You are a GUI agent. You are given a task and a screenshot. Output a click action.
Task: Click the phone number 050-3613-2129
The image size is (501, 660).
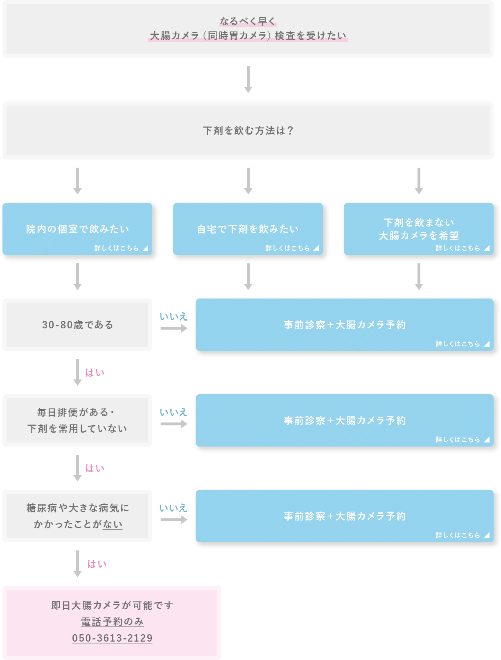[x=112, y=638]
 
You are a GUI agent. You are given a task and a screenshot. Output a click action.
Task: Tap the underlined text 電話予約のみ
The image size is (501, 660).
[x=112, y=622]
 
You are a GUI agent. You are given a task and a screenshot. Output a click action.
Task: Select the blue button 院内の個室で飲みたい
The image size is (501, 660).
[x=77, y=229]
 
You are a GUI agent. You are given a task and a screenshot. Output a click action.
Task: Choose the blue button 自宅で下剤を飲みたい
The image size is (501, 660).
[x=248, y=229]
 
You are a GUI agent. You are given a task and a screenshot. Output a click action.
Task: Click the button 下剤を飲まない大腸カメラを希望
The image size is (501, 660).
[x=418, y=229]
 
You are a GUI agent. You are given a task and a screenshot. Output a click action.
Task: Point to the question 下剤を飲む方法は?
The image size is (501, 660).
[x=248, y=130]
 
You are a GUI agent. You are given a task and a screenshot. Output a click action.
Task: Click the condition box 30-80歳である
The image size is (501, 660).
[x=77, y=325]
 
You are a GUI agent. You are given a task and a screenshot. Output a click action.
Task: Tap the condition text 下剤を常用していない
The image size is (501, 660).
[x=77, y=429]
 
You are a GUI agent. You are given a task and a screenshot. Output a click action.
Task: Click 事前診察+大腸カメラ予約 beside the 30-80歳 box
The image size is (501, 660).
[x=345, y=325]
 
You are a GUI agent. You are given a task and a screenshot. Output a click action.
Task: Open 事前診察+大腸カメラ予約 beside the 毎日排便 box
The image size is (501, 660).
[x=345, y=420]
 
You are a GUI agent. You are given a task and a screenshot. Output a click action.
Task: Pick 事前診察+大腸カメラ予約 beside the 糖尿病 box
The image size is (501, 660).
[x=345, y=516]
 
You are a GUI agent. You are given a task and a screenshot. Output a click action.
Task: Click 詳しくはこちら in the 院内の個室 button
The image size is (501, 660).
[x=117, y=248]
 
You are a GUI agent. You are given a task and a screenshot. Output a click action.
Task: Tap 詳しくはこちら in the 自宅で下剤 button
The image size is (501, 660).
[x=288, y=248]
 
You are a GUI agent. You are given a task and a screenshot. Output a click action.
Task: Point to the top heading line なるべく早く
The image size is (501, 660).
[x=248, y=21]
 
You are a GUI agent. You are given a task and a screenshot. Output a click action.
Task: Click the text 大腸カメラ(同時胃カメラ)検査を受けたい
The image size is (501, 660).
[x=248, y=36]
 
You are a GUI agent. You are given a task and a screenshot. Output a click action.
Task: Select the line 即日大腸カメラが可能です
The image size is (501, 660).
[x=112, y=605]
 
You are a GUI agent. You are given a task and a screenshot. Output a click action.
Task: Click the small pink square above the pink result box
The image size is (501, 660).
[x=97, y=571]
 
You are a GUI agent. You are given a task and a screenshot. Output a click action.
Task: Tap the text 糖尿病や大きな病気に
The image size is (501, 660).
[x=77, y=508]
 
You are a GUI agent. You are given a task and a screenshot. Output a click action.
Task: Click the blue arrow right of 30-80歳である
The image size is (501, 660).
[x=175, y=319]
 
